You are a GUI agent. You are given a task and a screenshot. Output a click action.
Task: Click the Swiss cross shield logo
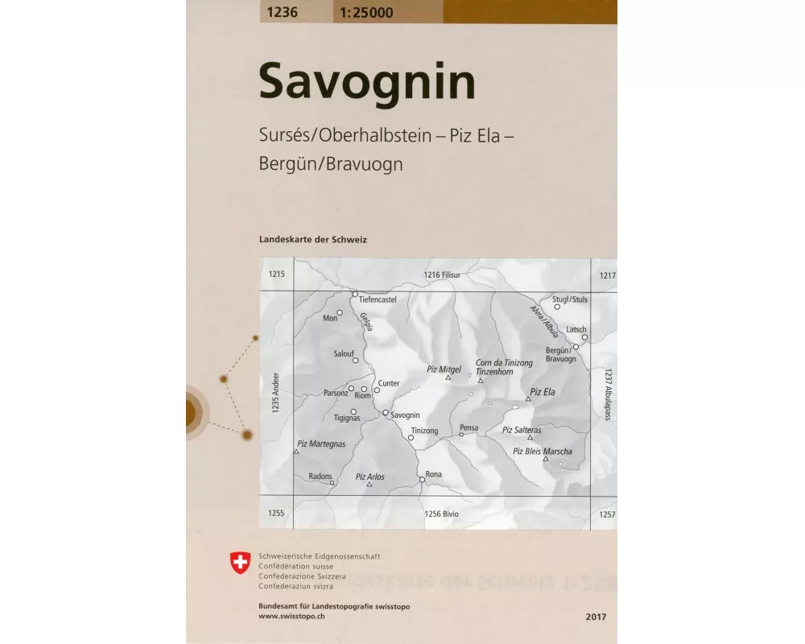pos(240,563)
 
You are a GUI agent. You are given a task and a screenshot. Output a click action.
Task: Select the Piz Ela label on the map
pos(543,392)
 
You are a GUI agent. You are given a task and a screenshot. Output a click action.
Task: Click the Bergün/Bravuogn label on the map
pos(560,354)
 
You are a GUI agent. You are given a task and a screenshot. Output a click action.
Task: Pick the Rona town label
pos(434,474)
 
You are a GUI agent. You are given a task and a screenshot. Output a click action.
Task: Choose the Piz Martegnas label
pos(320,444)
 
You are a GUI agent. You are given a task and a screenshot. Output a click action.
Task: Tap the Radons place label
pos(320,477)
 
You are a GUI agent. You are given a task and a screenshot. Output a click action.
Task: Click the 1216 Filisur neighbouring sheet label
pos(441,275)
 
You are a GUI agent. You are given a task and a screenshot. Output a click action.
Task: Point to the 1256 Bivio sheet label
pos(441,513)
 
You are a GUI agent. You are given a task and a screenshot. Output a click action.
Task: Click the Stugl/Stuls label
pos(571,299)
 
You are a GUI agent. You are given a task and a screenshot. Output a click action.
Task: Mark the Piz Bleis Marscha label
pos(543,452)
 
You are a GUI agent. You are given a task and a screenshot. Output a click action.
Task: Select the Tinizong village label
pos(424,431)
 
